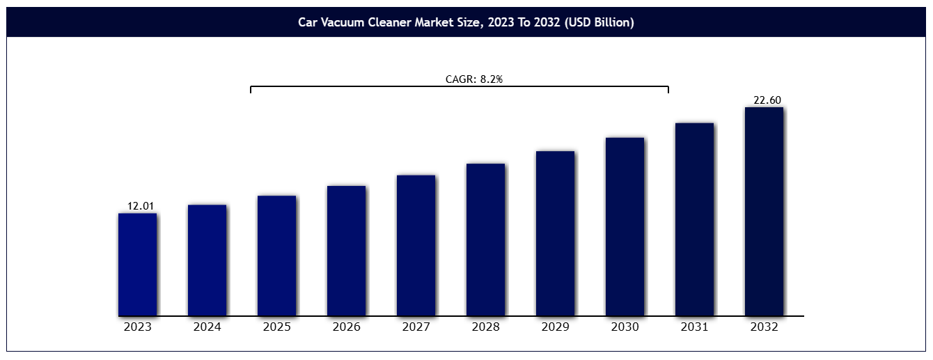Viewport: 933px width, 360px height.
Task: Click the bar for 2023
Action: tap(137, 265)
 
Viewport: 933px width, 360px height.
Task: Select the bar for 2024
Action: tap(207, 260)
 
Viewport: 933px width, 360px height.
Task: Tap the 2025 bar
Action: tap(276, 256)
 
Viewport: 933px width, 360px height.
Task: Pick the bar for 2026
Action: tap(346, 251)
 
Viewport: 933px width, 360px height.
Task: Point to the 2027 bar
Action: tap(416, 245)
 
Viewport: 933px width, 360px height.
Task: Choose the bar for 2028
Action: tap(485, 240)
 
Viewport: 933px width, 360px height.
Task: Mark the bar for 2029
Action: tap(555, 233)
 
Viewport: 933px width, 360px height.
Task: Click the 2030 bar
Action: tap(625, 226)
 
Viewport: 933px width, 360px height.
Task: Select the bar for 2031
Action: tap(694, 219)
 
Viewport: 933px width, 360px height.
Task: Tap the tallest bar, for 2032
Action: tap(764, 211)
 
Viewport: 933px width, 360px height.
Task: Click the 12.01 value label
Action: tap(141, 205)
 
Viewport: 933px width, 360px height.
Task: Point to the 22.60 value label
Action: tap(767, 100)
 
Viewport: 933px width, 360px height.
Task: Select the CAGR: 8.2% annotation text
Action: tap(474, 79)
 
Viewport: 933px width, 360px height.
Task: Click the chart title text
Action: tap(466, 22)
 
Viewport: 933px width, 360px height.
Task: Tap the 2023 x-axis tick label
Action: tap(138, 327)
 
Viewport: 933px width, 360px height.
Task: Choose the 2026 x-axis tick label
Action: tap(347, 327)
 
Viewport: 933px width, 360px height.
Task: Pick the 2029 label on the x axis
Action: tap(556, 327)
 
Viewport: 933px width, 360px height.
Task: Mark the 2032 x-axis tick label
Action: tap(765, 327)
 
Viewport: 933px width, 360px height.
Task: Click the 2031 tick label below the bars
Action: tap(695, 327)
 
